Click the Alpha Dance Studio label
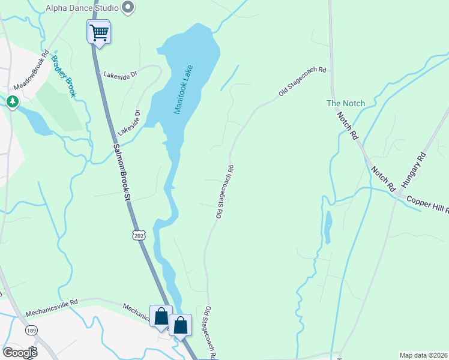[x=82, y=8]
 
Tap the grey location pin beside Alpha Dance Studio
[x=127, y=8]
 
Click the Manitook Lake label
[x=182, y=91]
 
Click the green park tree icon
[x=12, y=102]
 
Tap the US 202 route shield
[x=139, y=234]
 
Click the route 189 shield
[x=31, y=331]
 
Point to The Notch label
[x=345, y=103]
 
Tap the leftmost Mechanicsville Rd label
[x=52, y=309]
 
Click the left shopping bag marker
[x=161, y=316]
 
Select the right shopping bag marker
[x=180, y=326]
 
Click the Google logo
[x=20, y=353]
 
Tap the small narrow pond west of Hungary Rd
[x=327, y=227]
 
